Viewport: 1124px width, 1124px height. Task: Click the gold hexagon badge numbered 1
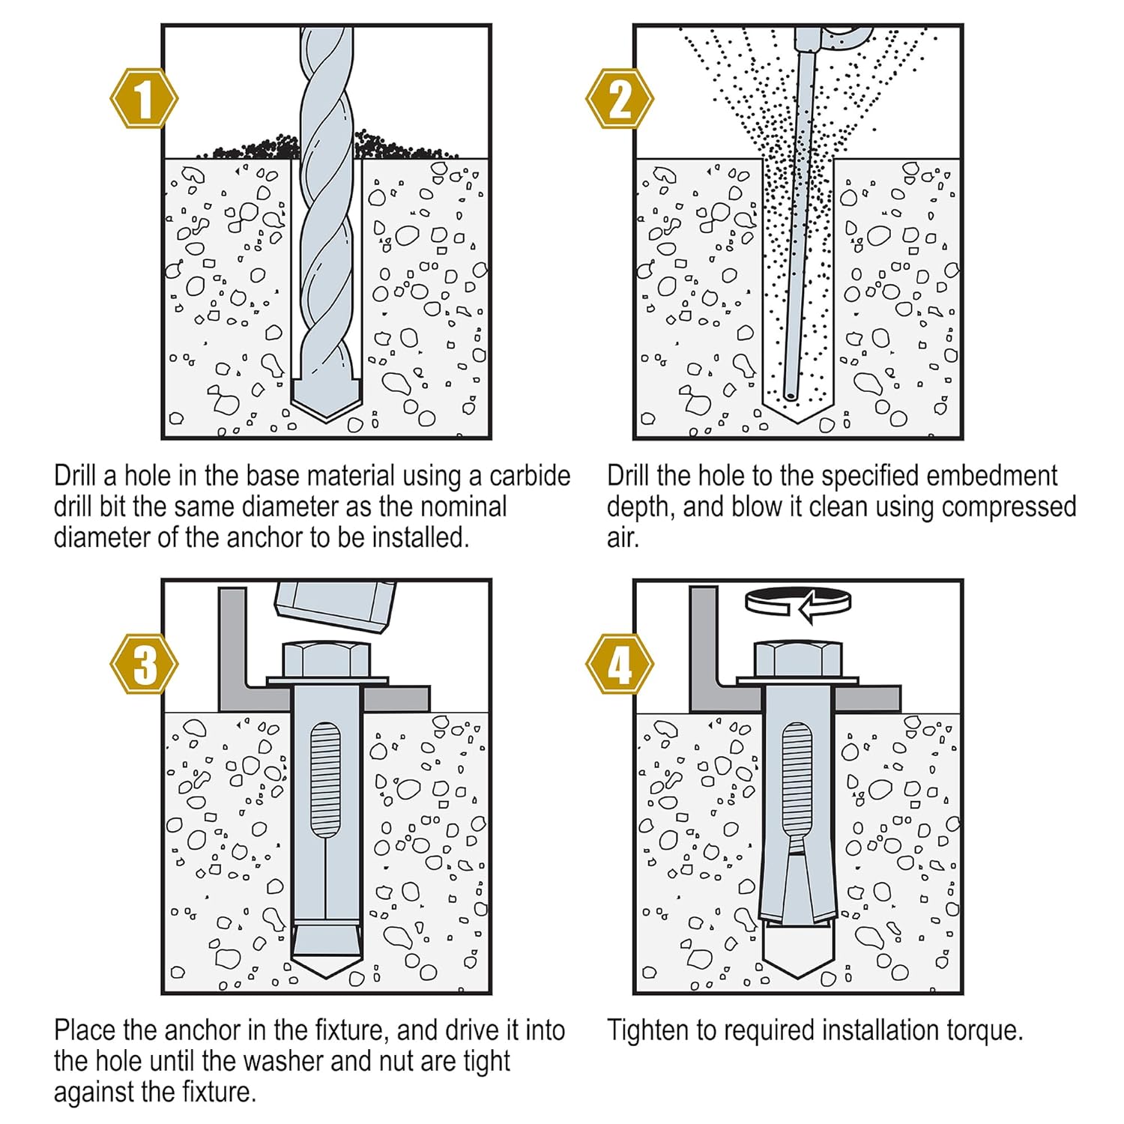144,98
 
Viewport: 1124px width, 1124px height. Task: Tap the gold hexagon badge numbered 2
619,98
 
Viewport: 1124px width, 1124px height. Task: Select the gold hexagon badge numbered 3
144,664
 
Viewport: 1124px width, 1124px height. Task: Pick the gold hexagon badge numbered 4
619,664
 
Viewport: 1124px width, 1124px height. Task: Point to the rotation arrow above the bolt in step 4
799,602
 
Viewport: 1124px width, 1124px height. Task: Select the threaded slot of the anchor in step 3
325,779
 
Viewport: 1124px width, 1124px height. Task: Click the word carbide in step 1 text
529,477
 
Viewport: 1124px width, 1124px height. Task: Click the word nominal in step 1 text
463,507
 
